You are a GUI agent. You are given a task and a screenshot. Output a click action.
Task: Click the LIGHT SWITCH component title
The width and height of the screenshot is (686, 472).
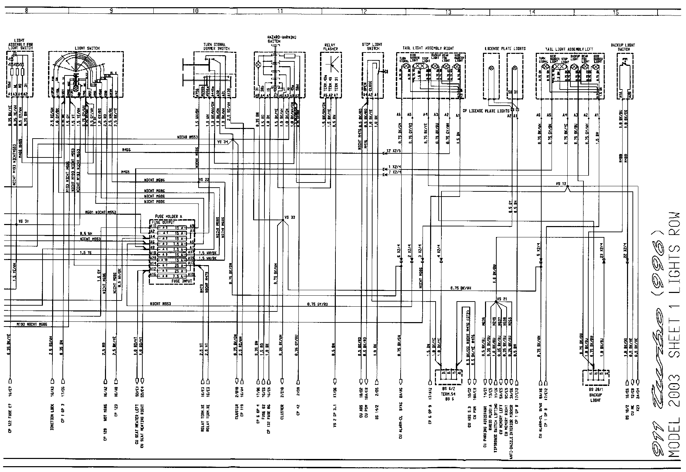click(87, 48)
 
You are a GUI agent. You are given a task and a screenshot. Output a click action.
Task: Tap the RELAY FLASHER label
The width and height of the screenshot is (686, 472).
click(331, 47)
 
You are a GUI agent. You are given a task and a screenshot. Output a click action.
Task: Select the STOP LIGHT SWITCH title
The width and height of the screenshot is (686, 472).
click(372, 46)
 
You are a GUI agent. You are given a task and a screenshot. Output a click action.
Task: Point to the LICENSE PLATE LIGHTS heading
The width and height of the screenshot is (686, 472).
click(505, 48)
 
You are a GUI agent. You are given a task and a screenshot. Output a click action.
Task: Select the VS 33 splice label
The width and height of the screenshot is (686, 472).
click(290, 217)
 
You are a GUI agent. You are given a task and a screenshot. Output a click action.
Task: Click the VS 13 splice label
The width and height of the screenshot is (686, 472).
click(561, 184)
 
